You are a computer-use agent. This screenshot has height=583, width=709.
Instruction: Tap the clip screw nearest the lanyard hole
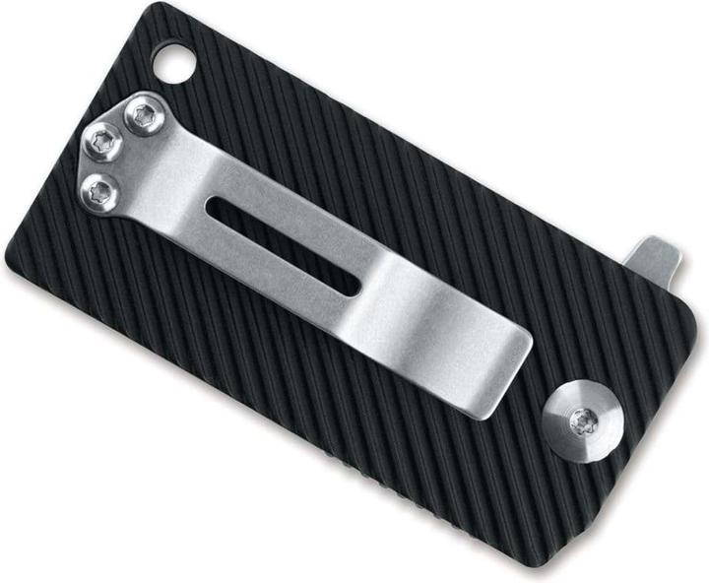[x=145, y=117]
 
